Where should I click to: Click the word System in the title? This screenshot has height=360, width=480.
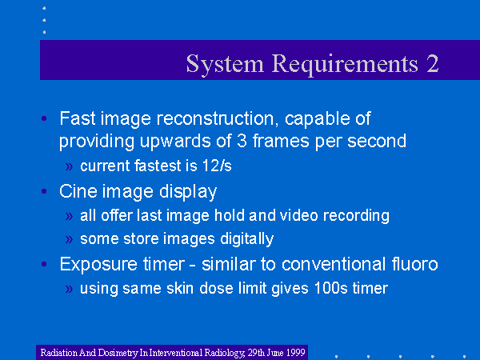225,65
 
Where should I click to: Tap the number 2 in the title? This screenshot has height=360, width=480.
433,63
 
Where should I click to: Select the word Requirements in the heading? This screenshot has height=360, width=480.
345,65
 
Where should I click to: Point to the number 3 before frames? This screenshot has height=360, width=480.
242,141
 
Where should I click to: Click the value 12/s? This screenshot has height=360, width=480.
217,166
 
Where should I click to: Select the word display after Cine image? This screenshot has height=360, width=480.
188,192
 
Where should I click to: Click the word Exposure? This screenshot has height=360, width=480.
98,264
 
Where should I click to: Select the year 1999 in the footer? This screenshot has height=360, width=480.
295,352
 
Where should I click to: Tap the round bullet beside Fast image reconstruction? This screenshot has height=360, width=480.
44,118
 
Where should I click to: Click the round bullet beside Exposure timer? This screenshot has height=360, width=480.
44,264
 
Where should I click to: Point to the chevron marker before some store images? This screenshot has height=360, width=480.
69,239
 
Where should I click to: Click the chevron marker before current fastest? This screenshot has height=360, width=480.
69,166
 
